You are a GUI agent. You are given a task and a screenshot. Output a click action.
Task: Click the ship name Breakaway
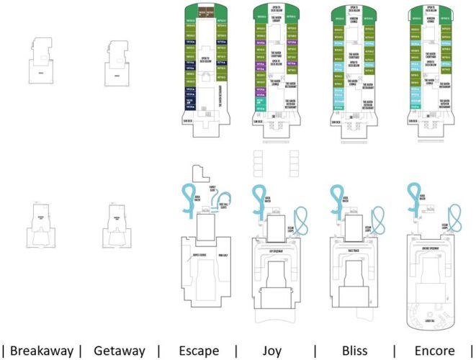click(x=42, y=351)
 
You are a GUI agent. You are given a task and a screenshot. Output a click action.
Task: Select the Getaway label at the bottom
click(x=119, y=351)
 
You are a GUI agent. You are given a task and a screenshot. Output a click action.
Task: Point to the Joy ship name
click(x=274, y=351)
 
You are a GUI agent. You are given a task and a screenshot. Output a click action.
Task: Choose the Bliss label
click(x=354, y=351)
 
